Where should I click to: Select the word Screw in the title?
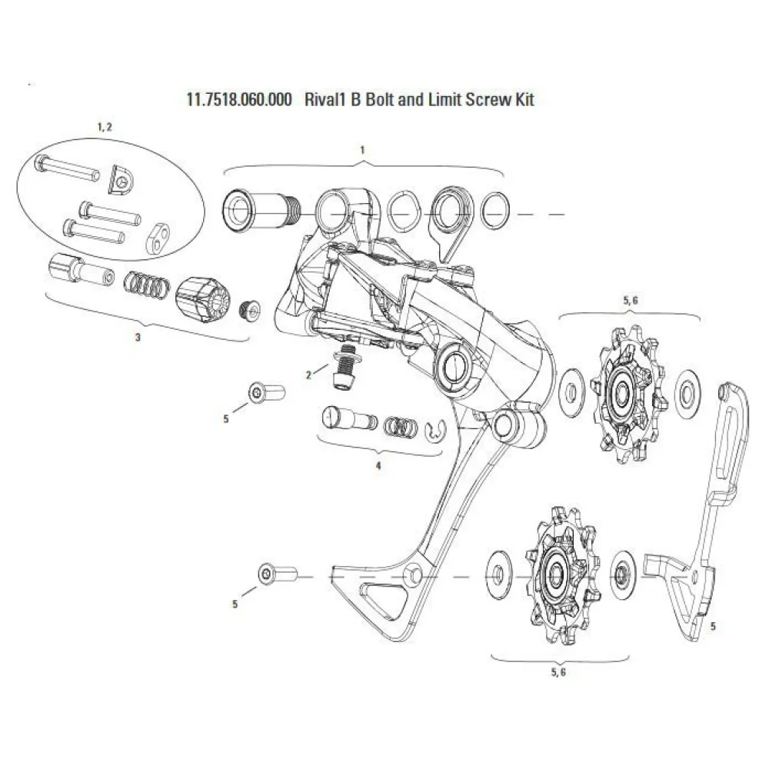tap(480, 100)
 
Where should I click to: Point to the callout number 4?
tap(378, 466)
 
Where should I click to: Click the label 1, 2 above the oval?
tap(104, 126)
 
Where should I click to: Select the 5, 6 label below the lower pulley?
tap(558, 671)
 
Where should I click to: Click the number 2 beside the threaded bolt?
tap(308, 375)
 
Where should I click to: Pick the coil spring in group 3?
tap(146, 286)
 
